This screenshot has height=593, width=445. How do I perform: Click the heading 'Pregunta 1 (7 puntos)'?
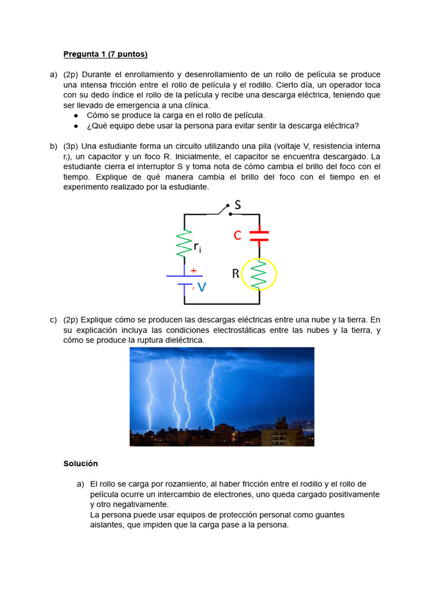click(105, 54)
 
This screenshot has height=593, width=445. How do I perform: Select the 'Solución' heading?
click(81, 464)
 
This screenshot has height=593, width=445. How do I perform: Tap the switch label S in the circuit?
click(237, 205)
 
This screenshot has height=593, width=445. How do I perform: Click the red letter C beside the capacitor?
click(238, 236)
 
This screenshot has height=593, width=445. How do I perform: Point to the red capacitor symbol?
click(259, 235)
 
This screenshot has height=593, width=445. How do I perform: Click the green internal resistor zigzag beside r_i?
click(185, 244)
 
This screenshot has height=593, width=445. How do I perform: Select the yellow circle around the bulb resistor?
click(259, 274)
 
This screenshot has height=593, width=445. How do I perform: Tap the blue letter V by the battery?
click(202, 287)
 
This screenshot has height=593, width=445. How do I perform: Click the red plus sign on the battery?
click(194, 270)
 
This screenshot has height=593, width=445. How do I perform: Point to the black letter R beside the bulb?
click(236, 274)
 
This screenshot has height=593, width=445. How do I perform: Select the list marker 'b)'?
click(53, 147)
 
